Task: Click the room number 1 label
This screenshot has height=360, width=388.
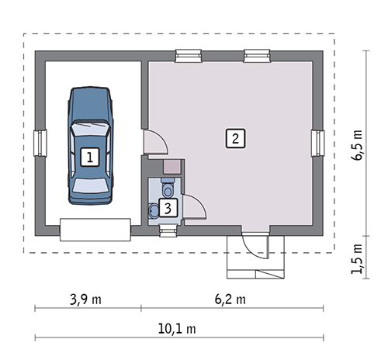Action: point(90,157)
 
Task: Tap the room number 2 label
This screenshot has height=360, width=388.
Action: point(235,138)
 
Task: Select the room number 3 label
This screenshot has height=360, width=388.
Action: point(168,208)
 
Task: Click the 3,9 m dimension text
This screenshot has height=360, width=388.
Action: point(85,299)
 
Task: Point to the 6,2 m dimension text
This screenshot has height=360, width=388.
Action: point(230,299)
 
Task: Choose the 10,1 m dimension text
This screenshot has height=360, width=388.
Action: point(177,329)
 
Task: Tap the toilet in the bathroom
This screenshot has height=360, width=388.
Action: point(168,187)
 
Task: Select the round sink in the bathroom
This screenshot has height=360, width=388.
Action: point(154,209)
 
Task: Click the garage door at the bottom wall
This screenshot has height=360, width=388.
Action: point(95,230)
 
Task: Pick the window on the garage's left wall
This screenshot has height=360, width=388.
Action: point(40,143)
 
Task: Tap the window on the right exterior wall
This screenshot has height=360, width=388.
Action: point(317,143)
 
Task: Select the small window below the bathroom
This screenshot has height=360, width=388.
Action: point(168,230)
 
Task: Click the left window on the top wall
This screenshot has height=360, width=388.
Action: point(189,56)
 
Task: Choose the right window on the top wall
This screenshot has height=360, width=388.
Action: point(257,56)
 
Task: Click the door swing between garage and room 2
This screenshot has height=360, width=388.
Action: point(156,142)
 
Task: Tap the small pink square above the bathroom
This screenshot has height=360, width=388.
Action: point(171,167)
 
